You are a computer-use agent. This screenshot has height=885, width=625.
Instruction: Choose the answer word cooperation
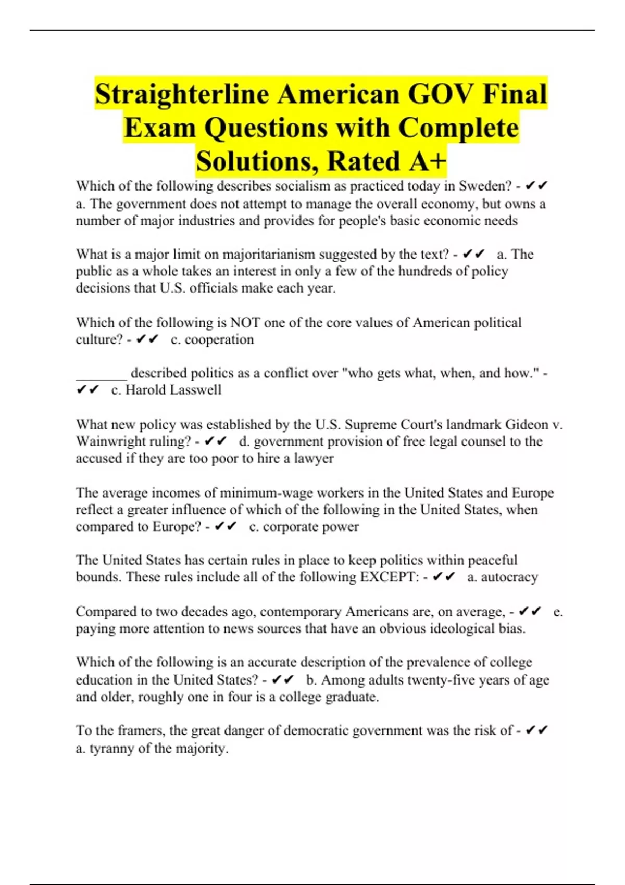(x=219, y=339)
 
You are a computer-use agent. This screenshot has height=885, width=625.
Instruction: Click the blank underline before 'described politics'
(x=101, y=373)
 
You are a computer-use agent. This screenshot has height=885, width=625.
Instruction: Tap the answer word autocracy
(x=509, y=577)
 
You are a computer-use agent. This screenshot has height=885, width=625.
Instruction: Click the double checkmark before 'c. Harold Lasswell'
(x=87, y=390)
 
